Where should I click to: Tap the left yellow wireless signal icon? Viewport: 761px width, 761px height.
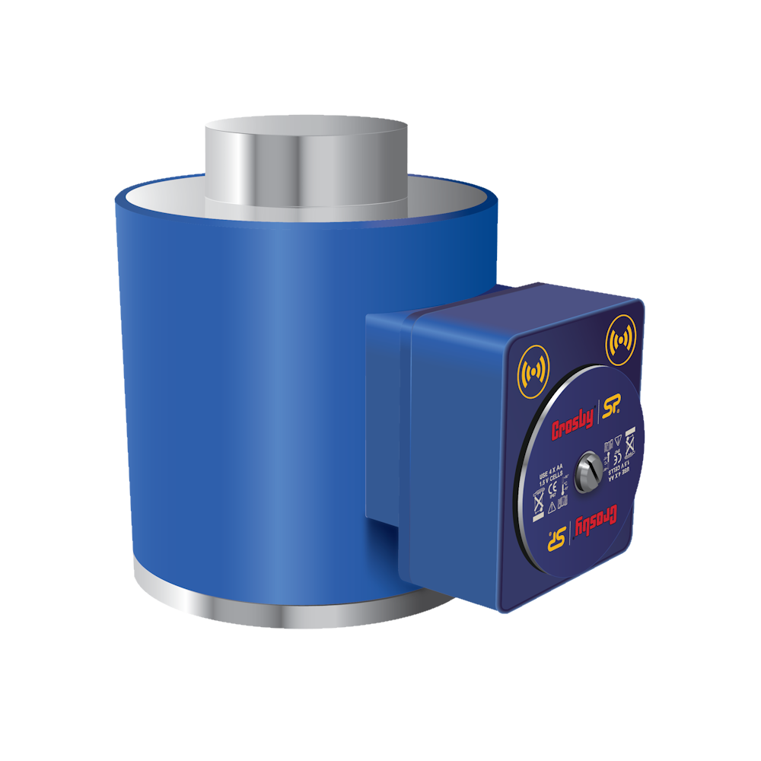(533, 371)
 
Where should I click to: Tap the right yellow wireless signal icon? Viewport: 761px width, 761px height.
(620, 342)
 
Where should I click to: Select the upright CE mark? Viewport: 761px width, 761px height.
(552, 489)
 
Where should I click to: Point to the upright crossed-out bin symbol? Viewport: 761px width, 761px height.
(539, 500)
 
